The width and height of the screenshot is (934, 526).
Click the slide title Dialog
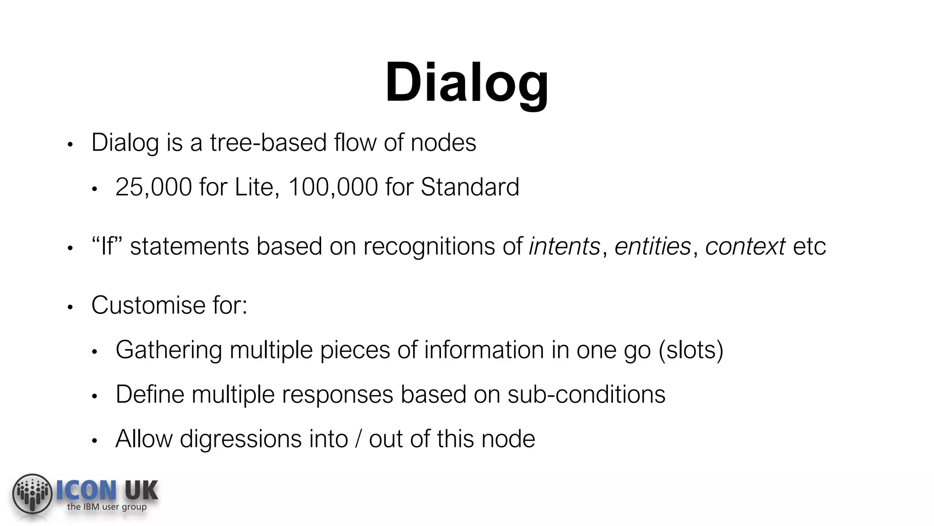click(467, 83)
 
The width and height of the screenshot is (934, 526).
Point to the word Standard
click(470, 187)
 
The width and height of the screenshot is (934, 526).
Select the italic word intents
click(565, 247)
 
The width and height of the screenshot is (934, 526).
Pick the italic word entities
click(653, 247)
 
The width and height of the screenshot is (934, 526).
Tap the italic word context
click(745, 247)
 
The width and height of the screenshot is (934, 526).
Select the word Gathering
click(169, 350)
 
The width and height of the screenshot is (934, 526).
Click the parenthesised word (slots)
click(691, 350)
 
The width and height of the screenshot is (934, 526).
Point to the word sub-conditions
click(586, 394)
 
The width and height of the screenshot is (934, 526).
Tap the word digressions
click(241, 439)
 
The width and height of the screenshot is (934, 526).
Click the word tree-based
click(268, 143)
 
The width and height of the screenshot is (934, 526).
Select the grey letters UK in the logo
click(141, 491)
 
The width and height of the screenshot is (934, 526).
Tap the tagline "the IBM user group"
click(107, 507)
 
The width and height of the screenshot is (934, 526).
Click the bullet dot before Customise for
click(70, 307)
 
